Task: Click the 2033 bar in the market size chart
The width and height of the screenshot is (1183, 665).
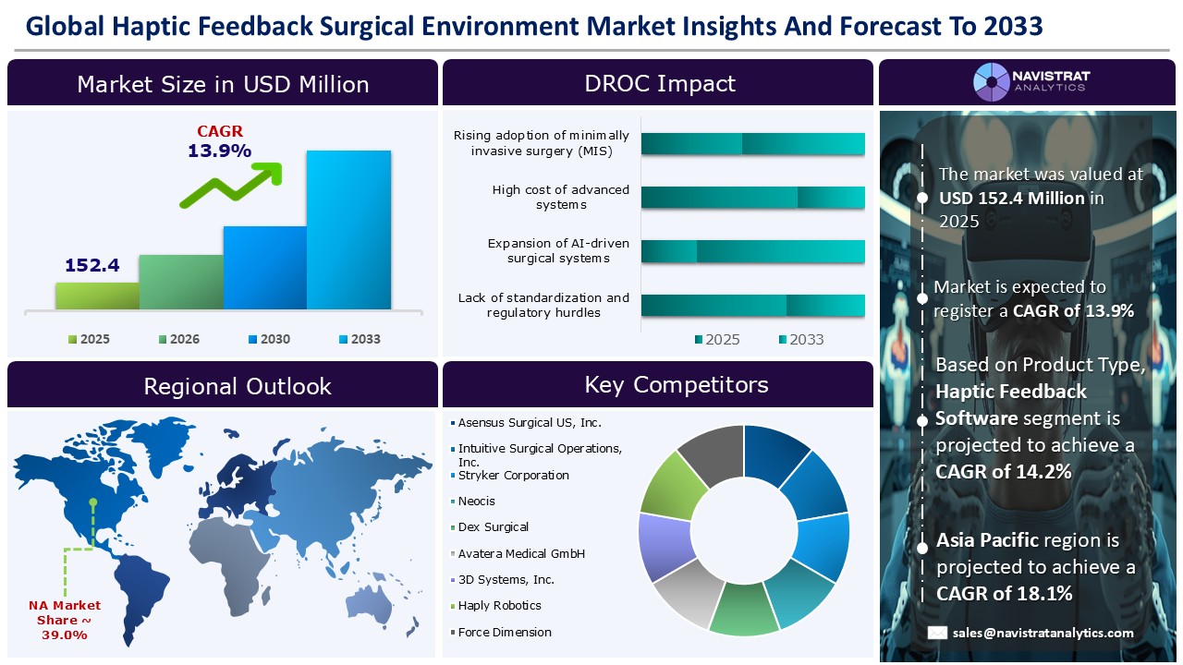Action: tap(348, 229)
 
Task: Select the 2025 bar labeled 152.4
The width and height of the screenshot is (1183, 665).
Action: tap(97, 295)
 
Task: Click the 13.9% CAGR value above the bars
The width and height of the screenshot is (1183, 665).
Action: tap(219, 151)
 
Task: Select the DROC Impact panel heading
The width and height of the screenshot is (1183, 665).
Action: tap(660, 84)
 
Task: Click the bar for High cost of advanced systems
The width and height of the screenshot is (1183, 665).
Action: tap(752, 198)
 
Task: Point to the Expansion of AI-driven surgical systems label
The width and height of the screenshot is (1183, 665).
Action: tap(558, 251)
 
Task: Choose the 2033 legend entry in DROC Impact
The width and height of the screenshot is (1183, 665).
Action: tap(799, 339)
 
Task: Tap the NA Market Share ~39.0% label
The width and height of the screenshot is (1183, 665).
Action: tap(64, 620)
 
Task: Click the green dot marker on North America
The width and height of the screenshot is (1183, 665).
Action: tap(93, 503)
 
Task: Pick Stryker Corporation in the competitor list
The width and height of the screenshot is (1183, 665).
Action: tap(513, 476)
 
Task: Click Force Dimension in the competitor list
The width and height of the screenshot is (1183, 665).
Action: tap(505, 633)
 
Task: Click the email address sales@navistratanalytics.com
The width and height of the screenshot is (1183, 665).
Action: tap(1043, 633)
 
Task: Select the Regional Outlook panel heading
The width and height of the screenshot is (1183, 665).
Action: tap(238, 386)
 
